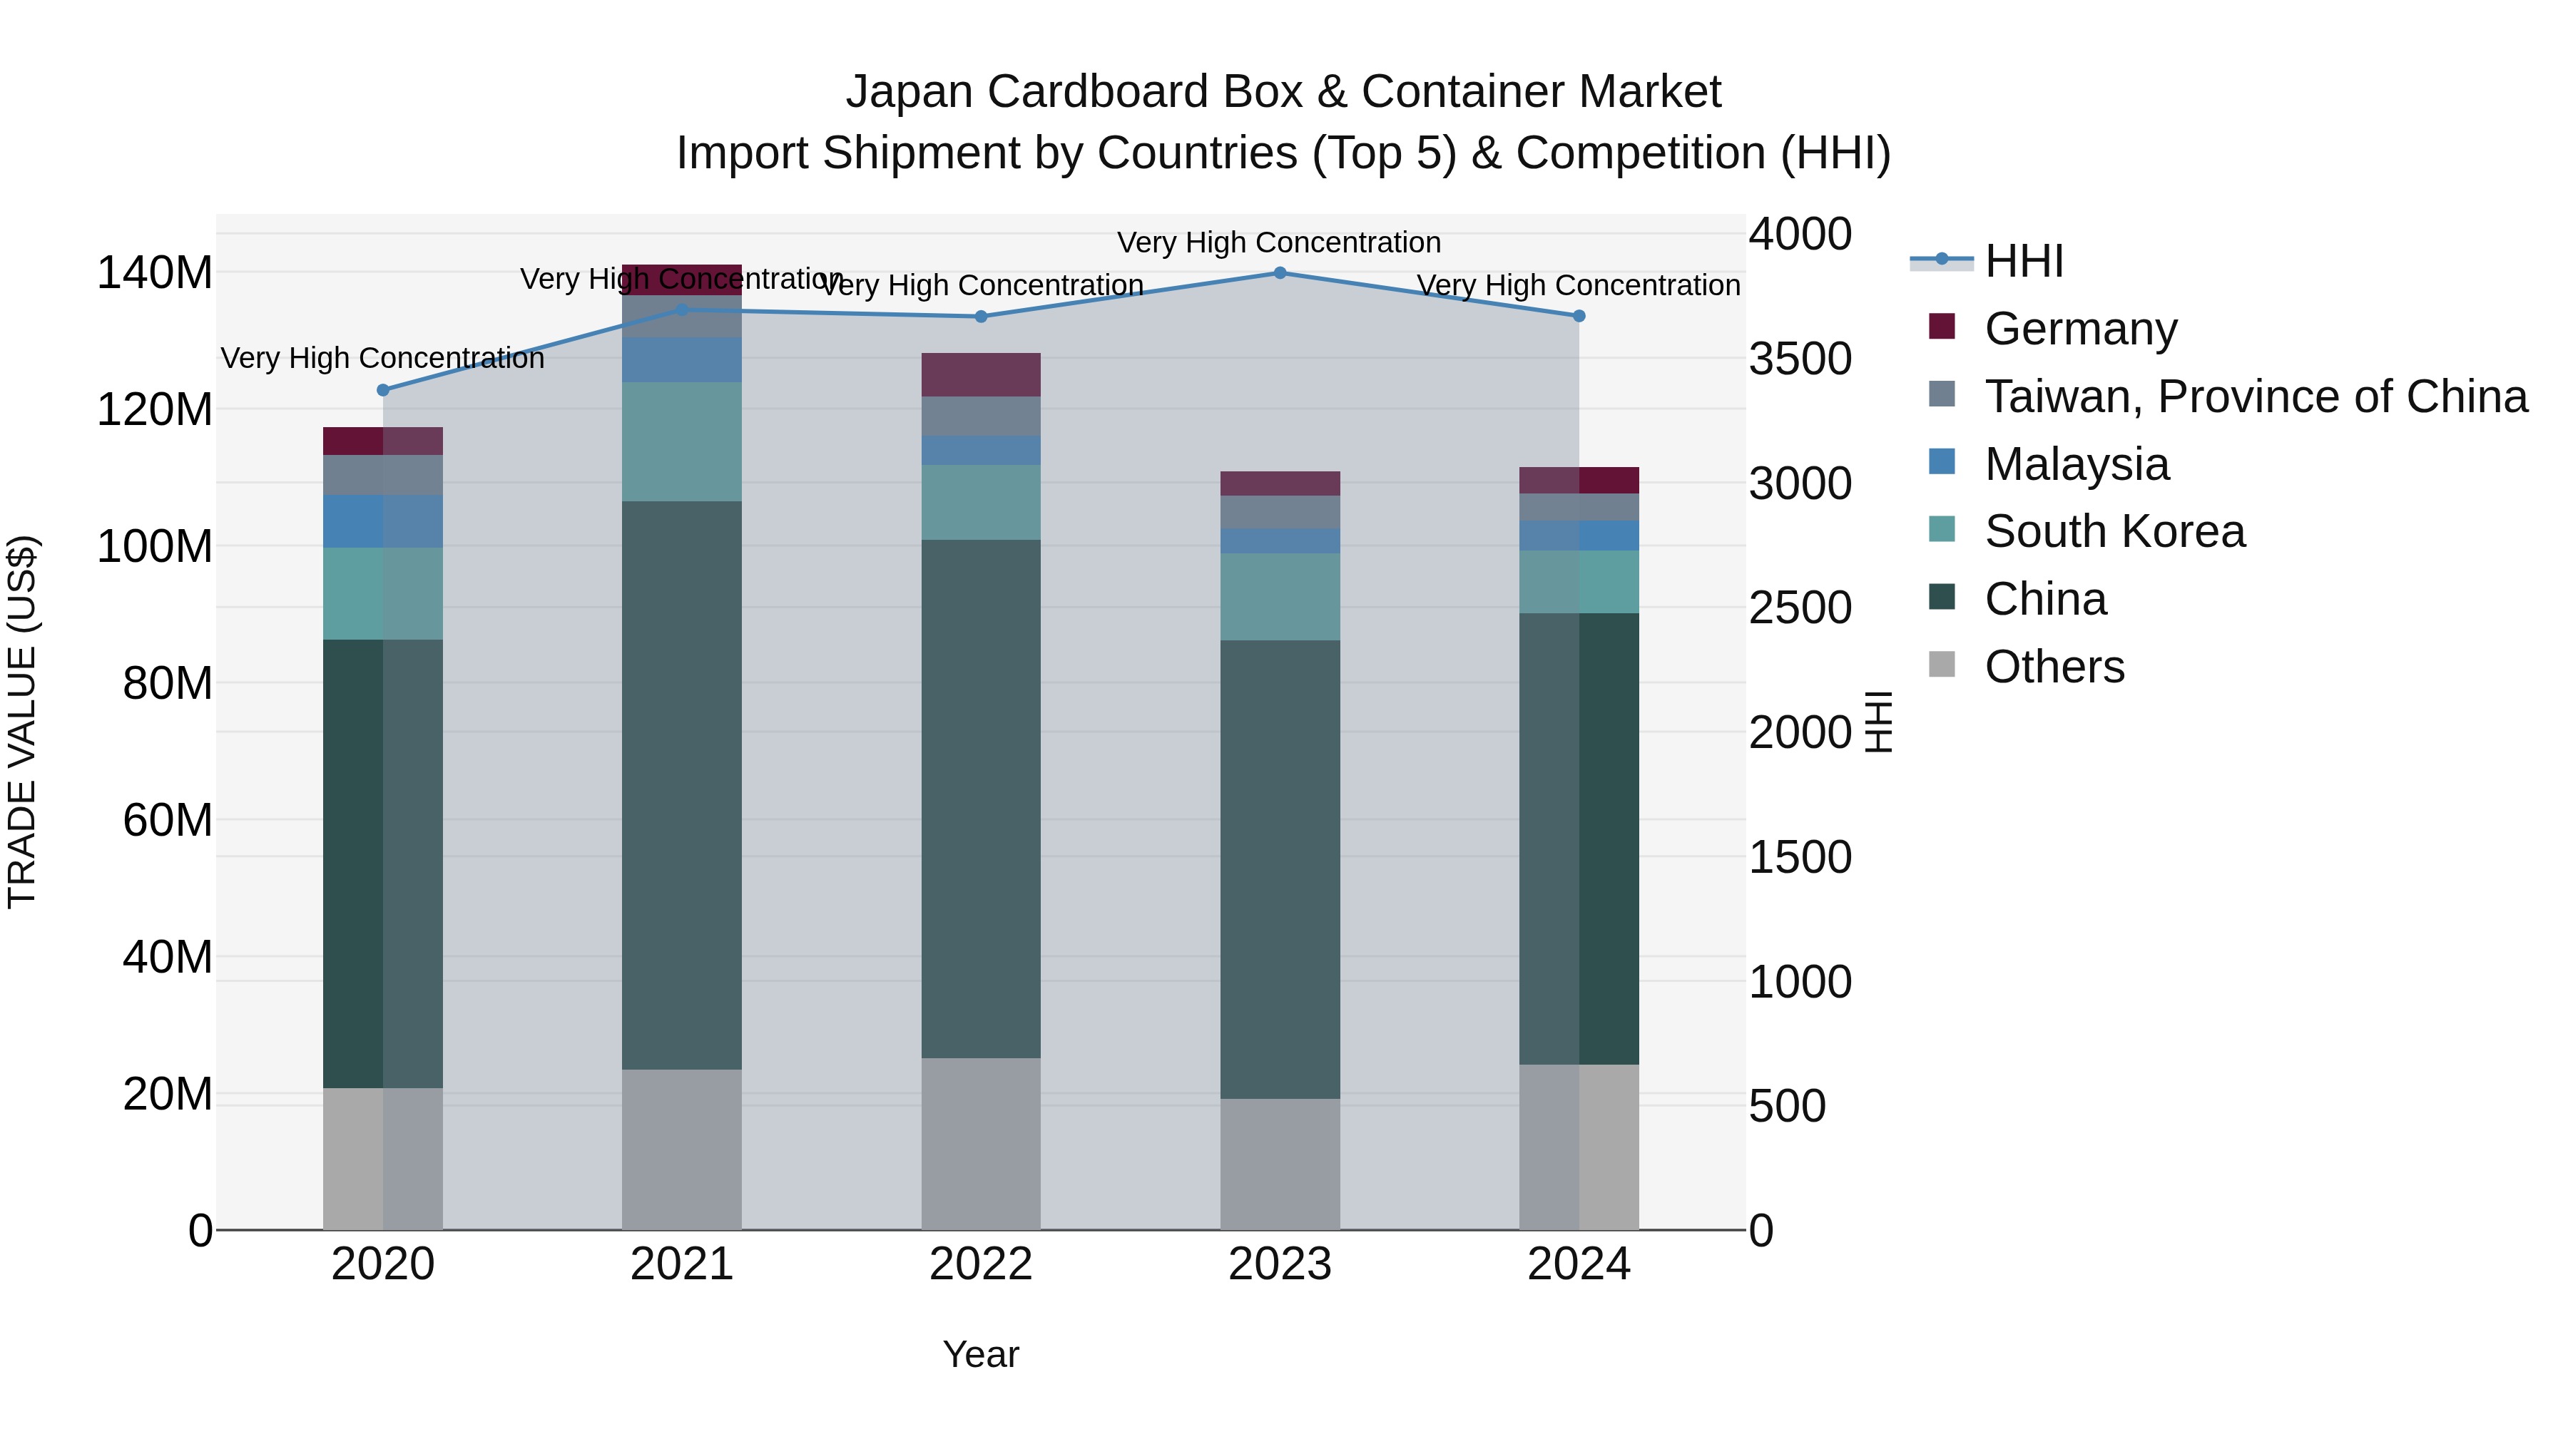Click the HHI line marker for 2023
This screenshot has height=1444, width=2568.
[1280, 273]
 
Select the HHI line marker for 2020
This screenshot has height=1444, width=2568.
[383, 389]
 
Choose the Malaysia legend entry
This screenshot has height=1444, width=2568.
[2076, 464]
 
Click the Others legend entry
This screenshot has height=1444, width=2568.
[2054, 666]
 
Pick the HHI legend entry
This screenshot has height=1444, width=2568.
[2023, 261]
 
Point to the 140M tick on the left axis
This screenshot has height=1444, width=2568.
[155, 272]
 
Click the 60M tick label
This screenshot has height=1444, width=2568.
[166, 820]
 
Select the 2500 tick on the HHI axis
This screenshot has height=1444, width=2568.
[1800, 608]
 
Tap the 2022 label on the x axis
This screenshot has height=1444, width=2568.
[981, 1264]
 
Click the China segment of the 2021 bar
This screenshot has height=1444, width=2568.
[682, 784]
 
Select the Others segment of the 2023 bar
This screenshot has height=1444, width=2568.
[1280, 1163]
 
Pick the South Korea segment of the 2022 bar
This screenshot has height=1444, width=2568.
[981, 502]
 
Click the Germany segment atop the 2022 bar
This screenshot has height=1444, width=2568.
[981, 374]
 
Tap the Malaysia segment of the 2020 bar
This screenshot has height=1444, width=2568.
[383, 521]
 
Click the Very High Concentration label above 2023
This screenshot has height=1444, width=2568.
[1279, 242]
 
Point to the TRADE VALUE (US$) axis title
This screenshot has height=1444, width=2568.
[22, 722]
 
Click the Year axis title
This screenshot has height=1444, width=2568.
[981, 1354]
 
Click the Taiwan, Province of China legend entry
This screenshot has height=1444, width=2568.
[2255, 396]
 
